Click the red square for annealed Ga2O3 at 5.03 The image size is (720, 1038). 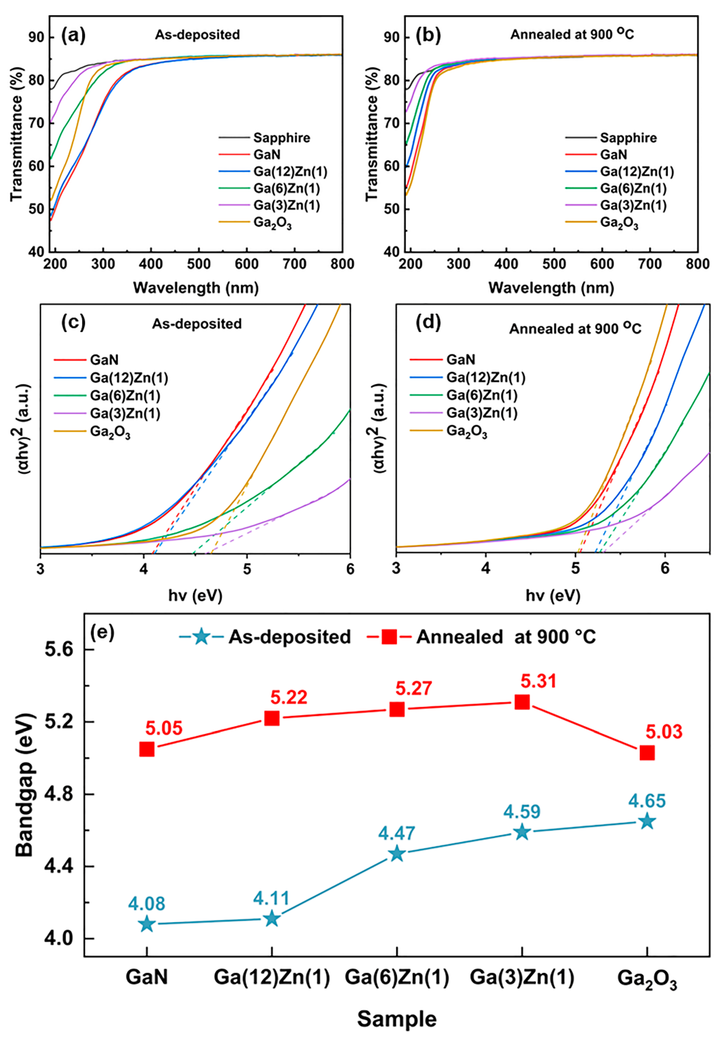pyautogui.click(x=647, y=753)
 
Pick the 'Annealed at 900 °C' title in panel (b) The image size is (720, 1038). pyautogui.click(x=572, y=35)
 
